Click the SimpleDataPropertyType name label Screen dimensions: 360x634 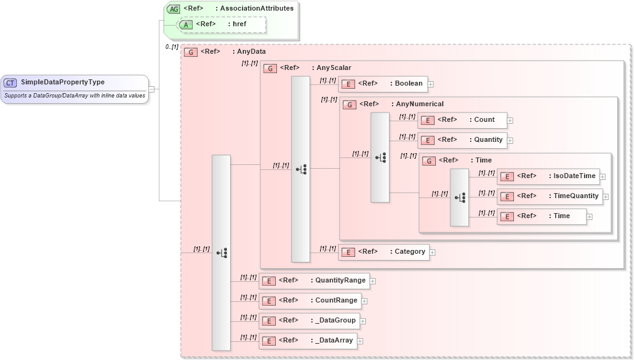(63, 82)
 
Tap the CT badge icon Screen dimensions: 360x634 (11, 82)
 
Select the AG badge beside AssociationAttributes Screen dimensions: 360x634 (174, 9)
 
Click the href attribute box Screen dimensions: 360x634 (222, 24)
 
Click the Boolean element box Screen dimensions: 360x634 (382, 84)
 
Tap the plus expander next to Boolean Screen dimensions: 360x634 (431, 84)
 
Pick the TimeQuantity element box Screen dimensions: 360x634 (550, 196)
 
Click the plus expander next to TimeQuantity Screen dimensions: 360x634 (606, 197)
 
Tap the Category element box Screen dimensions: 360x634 (383, 252)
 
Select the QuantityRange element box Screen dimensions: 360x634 (314, 281)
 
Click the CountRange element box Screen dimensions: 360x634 (309, 301)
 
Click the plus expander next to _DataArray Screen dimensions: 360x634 (360, 341)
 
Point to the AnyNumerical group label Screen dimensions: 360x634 (420, 104)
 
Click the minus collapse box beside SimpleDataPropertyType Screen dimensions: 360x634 (151, 89)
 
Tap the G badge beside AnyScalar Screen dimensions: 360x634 (271, 68)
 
